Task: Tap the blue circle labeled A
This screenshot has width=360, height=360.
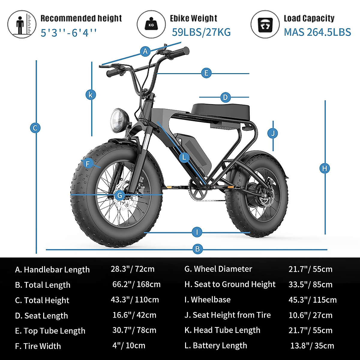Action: click(x=145, y=51)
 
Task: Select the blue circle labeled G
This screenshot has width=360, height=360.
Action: click(x=120, y=196)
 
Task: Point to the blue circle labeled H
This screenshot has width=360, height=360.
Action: click(x=325, y=168)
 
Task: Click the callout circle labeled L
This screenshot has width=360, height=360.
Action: click(x=184, y=157)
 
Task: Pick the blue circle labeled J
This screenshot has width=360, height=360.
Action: click(x=273, y=133)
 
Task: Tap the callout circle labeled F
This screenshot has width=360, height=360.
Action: click(x=88, y=164)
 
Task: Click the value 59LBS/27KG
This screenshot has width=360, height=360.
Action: click(x=201, y=32)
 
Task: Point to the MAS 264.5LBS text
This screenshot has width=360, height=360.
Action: click(x=317, y=32)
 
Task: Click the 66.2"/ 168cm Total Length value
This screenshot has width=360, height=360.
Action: click(x=136, y=284)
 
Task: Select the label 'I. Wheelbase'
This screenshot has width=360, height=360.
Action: click(x=208, y=299)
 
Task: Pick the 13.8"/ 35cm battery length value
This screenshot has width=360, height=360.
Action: click(x=312, y=346)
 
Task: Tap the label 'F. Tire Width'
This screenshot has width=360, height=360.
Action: click(x=38, y=346)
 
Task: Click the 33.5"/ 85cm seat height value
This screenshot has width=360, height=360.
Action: click(x=310, y=284)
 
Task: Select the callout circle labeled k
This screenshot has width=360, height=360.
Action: click(x=91, y=95)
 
